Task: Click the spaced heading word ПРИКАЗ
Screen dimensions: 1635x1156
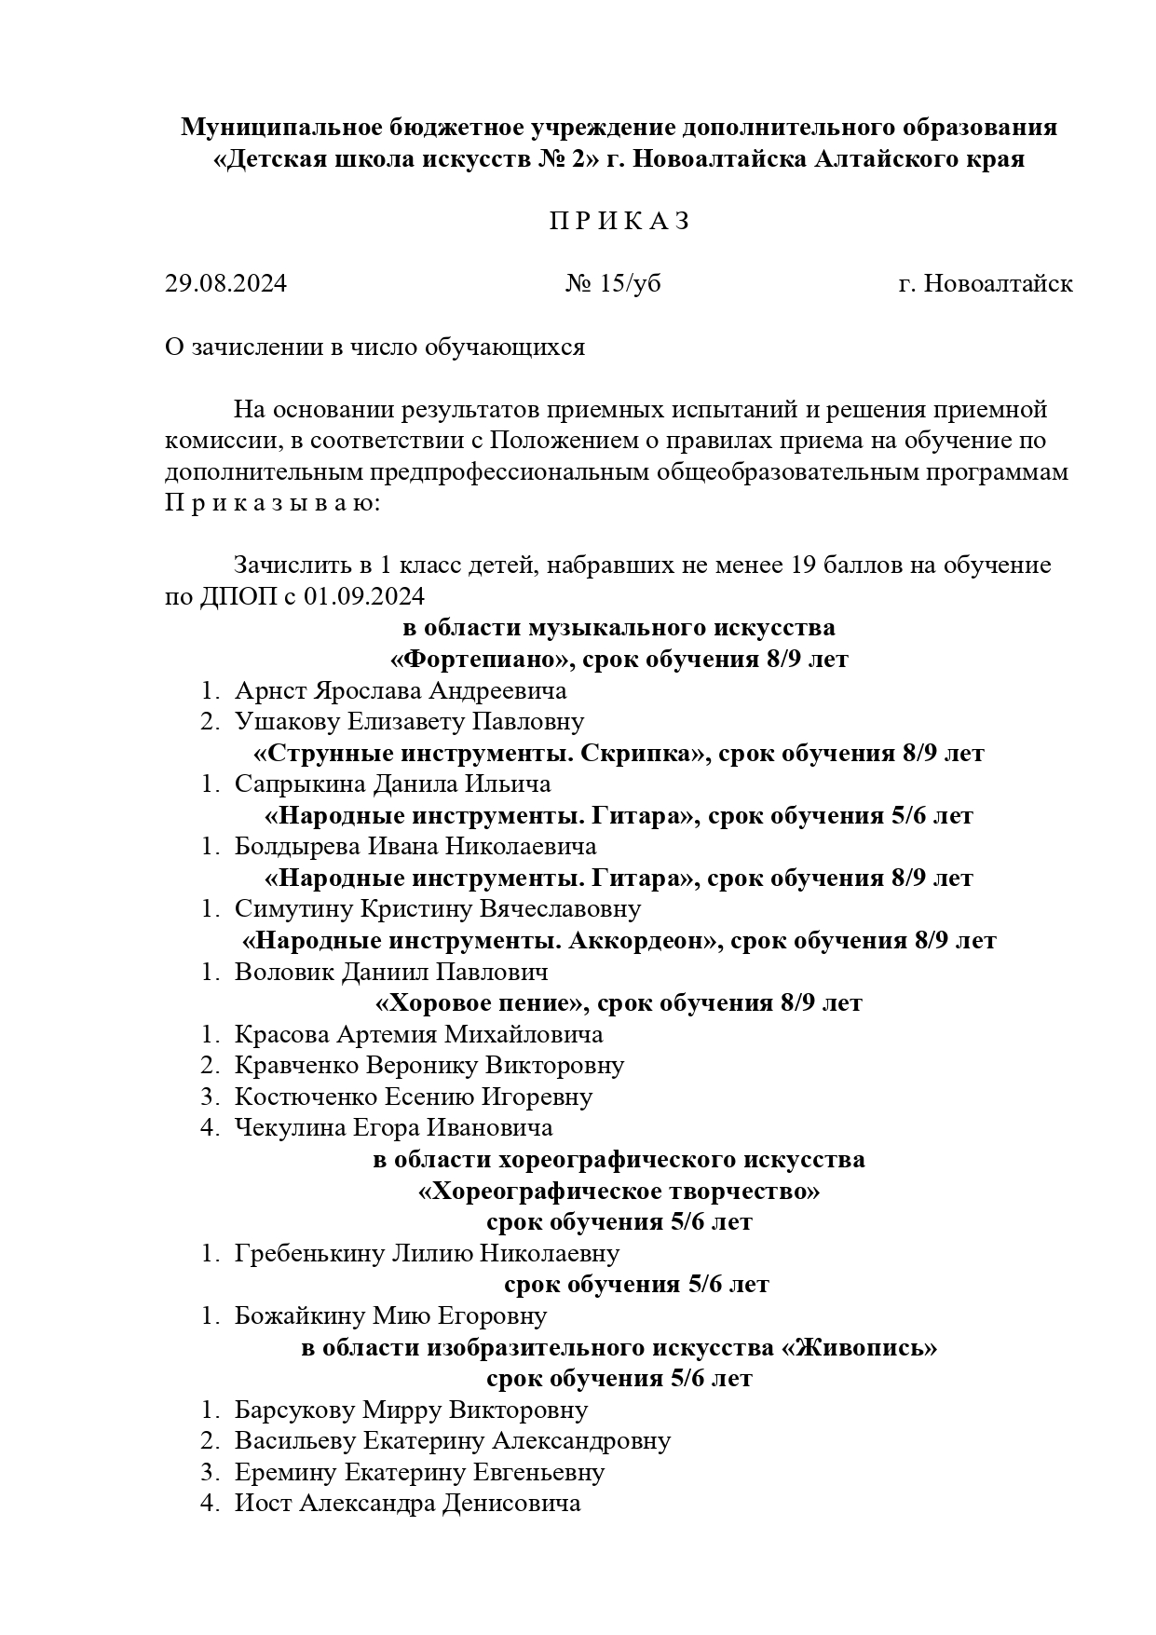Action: click(619, 222)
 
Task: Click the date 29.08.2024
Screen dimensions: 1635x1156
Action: click(225, 283)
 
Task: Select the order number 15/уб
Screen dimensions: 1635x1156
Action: click(629, 283)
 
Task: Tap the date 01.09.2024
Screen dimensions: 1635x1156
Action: click(364, 596)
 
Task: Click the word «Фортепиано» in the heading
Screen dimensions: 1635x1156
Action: click(479, 660)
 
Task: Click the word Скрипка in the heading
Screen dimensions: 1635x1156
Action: click(641, 754)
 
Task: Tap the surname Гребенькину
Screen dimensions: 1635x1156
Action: click(309, 1253)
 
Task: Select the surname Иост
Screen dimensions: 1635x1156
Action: click(263, 1504)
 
